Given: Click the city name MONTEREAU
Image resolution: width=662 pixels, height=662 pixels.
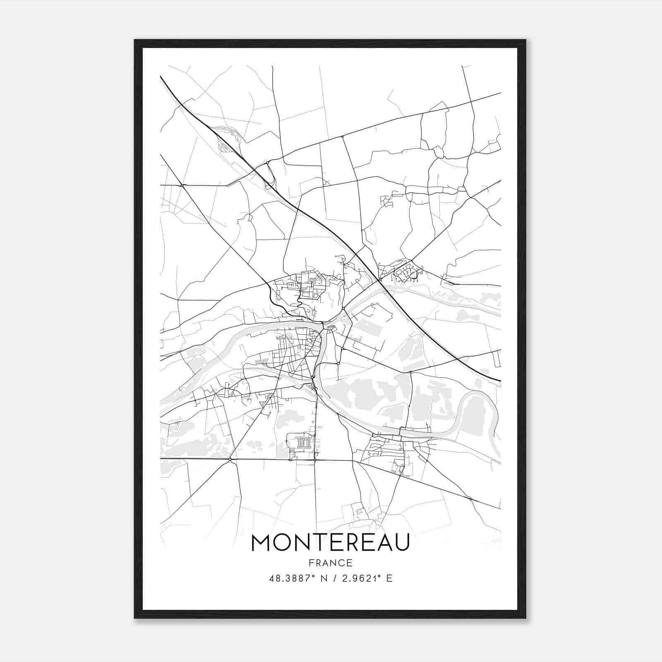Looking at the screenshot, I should (330, 542).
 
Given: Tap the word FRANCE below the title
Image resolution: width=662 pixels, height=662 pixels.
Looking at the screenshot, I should (330, 563).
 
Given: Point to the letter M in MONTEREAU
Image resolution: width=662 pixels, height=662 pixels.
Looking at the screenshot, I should (261, 542).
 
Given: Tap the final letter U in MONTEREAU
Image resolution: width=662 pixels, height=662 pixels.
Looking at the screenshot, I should (401, 542).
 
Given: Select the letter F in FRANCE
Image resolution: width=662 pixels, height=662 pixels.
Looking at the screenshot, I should (311, 563).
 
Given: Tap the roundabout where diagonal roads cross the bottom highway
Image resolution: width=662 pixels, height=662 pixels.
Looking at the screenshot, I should (230, 459).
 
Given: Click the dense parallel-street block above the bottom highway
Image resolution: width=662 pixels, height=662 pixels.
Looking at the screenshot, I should (302, 443).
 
